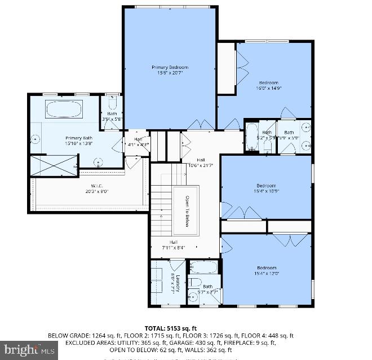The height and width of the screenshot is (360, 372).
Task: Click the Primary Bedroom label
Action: (170, 67)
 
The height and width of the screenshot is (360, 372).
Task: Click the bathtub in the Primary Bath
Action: (63, 109)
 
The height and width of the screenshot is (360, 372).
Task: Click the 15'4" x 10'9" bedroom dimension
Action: (265, 191)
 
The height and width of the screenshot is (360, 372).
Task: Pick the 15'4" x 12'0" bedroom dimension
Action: (266, 273)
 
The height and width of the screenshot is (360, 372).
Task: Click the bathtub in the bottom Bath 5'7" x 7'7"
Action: (204, 267)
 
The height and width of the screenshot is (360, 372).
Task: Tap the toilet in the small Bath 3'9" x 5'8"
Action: (112, 105)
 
